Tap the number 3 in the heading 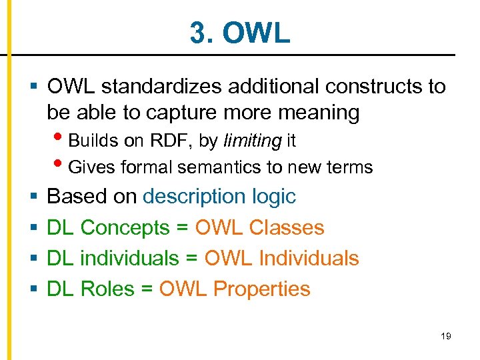pyautogui.click(x=197, y=33)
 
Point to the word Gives pyautogui.click(x=89, y=167)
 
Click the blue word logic pyautogui.click(x=273, y=197)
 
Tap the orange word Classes pyautogui.click(x=287, y=227)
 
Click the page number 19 pyautogui.click(x=446, y=336)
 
